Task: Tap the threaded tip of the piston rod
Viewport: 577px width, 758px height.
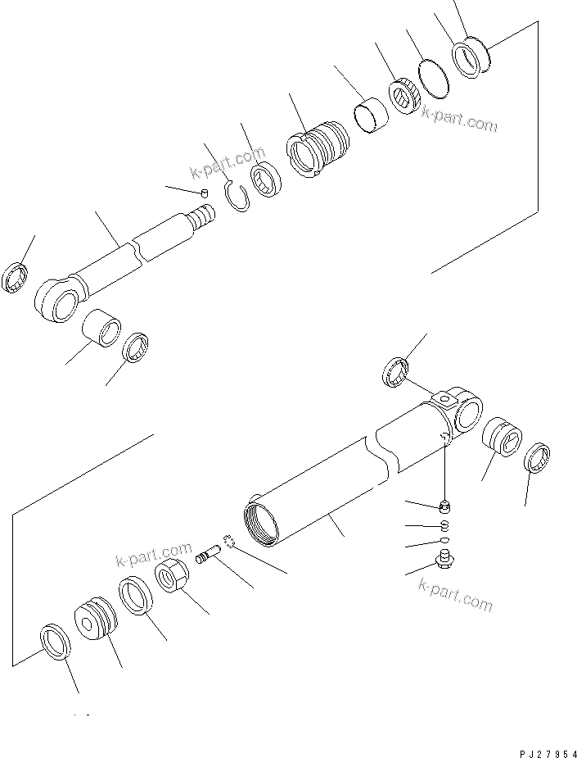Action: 201,218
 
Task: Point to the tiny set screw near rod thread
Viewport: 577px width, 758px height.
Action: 205,192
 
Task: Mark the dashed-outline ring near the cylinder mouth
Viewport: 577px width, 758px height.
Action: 232,541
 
